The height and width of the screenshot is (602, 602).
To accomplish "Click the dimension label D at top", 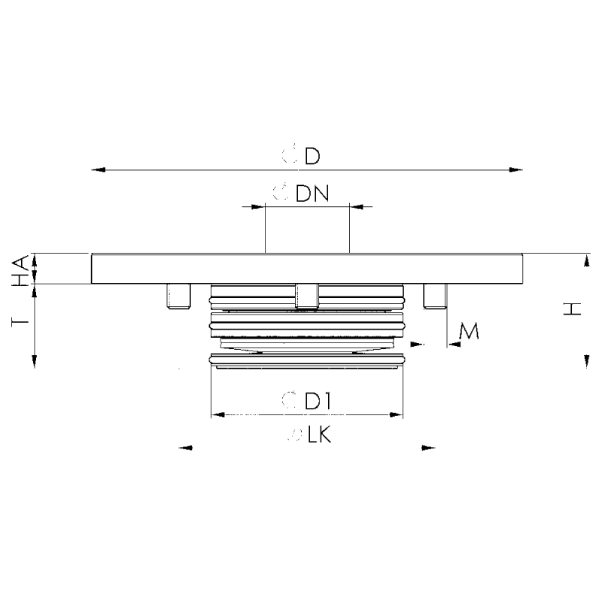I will coord(312,157).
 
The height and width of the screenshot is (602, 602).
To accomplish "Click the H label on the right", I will coord(573,309).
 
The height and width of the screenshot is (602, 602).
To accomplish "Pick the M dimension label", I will coord(468,330).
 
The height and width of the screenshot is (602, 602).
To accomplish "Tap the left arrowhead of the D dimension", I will coord(96,170).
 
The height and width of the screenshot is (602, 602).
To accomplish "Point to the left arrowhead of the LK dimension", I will coord(185,448).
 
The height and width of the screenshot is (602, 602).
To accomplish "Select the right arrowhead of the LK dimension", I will coord(430,448).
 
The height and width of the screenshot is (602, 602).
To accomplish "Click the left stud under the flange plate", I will coord(178,296).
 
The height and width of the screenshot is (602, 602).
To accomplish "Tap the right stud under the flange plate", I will coord(434,296).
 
